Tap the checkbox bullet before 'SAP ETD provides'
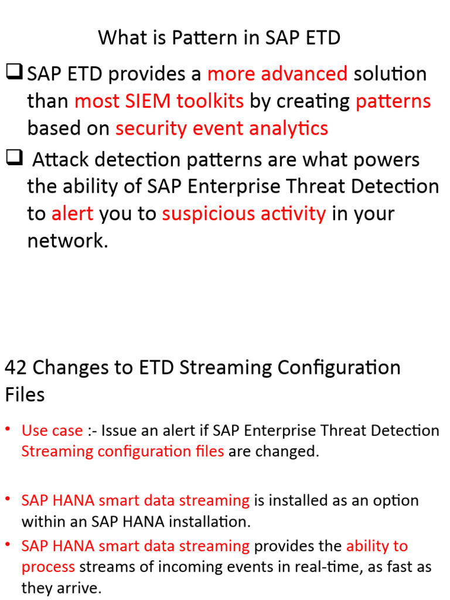(x=14, y=73)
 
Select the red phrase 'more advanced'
(x=277, y=74)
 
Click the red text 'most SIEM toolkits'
(x=159, y=101)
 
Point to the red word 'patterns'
(x=393, y=101)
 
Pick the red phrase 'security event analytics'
(x=221, y=128)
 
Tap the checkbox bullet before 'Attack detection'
(x=14, y=159)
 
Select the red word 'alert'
(x=72, y=214)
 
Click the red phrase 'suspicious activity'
(x=244, y=214)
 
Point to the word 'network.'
(x=68, y=241)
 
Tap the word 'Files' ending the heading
(x=25, y=395)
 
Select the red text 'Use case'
(x=52, y=431)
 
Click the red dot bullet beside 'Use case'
(x=8, y=429)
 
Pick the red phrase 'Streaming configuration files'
(x=122, y=451)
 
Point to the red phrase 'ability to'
(x=377, y=546)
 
